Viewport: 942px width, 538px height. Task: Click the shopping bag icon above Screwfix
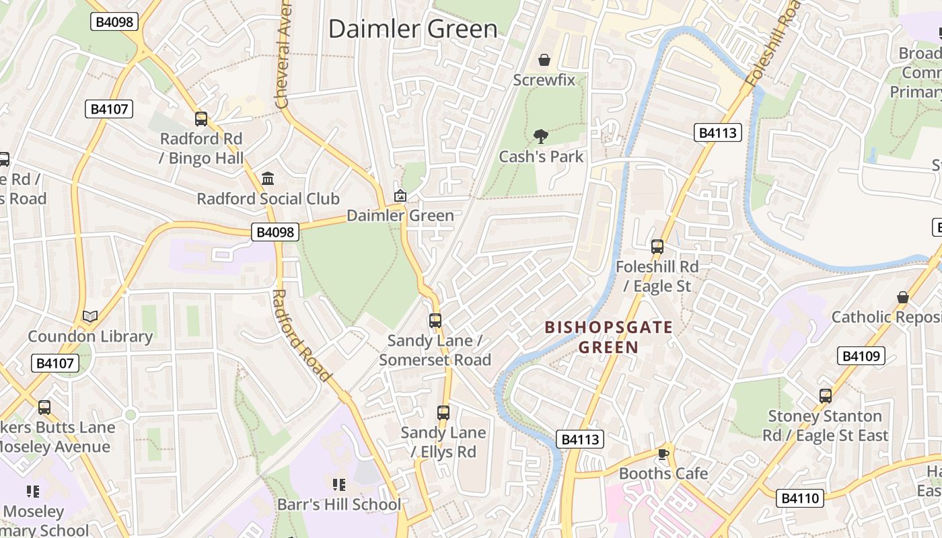(x=544, y=61)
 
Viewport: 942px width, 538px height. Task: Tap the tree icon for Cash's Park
(x=540, y=137)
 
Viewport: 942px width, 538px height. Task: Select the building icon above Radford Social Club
(x=268, y=179)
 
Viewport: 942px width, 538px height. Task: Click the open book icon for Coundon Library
(x=89, y=316)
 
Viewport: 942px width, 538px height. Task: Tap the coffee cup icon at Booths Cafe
(x=663, y=454)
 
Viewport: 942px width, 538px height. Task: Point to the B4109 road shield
(x=861, y=356)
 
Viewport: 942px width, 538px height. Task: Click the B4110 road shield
(x=800, y=498)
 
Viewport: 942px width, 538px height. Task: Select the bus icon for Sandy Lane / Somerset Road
(x=435, y=321)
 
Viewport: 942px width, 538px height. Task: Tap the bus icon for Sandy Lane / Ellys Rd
(x=443, y=413)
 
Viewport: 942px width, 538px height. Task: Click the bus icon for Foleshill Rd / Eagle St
(x=657, y=247)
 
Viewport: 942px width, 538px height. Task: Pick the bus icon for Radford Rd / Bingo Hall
(x=201, y=119)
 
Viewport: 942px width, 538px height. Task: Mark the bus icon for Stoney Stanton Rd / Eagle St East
(x=825, y=396)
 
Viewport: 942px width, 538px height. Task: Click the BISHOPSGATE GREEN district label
(x=608, y=338)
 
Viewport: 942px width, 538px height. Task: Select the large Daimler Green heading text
(x=413, y=29)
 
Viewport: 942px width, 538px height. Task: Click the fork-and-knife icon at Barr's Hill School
(x=338, y=484)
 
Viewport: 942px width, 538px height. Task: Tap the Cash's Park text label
(x=541, y=157)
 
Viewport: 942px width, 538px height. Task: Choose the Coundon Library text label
(x=90, y=336)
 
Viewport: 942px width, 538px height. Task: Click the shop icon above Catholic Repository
(x=903, y=297)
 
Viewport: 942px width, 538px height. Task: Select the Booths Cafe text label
(x=663, y=473)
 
